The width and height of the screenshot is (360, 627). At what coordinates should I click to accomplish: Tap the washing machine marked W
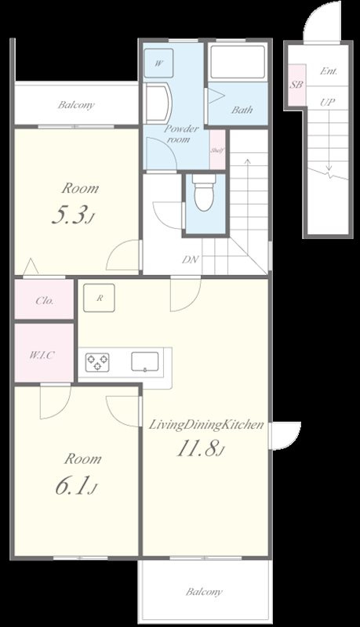pos(158,63)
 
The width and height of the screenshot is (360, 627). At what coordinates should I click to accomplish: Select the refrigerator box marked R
pos(99,298)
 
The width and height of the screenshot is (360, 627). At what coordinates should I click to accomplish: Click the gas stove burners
pos(97,362)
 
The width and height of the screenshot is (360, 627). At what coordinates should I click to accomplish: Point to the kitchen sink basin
pos(145,362)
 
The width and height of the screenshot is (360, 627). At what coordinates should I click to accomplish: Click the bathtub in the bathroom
pos(238,63)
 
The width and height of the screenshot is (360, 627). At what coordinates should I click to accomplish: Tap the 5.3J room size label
pos(75,216)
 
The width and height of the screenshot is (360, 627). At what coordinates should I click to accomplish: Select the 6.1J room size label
pos(76,487)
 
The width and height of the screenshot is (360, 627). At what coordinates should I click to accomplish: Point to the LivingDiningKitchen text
pos(206,425)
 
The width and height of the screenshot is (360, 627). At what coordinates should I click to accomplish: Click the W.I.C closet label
pos(42,355)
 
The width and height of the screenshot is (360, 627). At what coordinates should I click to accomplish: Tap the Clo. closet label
pos(45,301)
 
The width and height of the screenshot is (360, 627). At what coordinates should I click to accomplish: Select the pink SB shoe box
pos(296,85)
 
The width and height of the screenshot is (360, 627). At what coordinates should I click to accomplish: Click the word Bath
pos(242,110)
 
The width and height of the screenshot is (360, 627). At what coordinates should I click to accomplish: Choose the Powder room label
pos(181,134)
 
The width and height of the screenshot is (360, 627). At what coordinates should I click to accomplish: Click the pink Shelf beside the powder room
pos(217,150)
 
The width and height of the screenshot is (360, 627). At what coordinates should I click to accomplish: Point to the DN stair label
pos(191,259)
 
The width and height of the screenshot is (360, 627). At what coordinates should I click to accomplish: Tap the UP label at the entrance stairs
pos(327,103)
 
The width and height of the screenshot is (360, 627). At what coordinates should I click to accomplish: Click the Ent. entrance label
pos(329,71)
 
